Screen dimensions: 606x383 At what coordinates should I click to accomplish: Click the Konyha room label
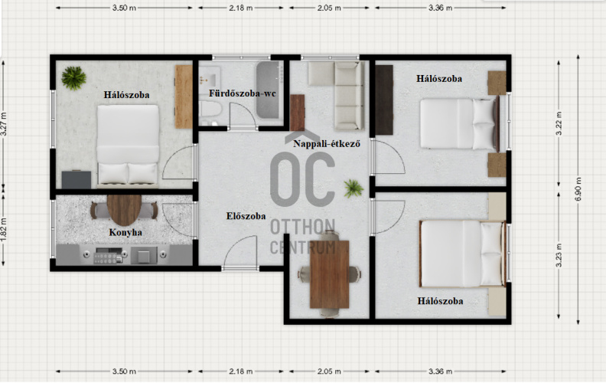125,233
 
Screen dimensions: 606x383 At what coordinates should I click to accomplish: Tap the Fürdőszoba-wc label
243,93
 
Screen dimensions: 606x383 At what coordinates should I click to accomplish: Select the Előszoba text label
246,216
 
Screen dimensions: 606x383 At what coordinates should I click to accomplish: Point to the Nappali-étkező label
327,144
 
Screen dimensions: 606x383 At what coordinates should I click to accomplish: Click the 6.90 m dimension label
578,189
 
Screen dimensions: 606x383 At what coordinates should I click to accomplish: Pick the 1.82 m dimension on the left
4,229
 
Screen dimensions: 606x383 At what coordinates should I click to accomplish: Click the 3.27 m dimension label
4,124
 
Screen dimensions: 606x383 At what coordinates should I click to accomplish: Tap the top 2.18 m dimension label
241,8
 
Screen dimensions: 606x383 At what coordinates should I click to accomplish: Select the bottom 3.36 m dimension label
440,372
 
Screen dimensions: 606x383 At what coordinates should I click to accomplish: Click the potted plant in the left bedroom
73,78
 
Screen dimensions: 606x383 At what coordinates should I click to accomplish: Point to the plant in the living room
353,188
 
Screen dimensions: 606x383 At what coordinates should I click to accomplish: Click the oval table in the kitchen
124,210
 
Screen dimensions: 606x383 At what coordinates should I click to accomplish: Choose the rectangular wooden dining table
329,274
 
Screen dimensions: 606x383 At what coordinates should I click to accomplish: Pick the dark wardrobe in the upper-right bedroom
384,100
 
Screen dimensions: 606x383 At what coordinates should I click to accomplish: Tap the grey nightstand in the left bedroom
77,179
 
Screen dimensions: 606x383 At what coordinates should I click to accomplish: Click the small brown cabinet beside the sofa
297,113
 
